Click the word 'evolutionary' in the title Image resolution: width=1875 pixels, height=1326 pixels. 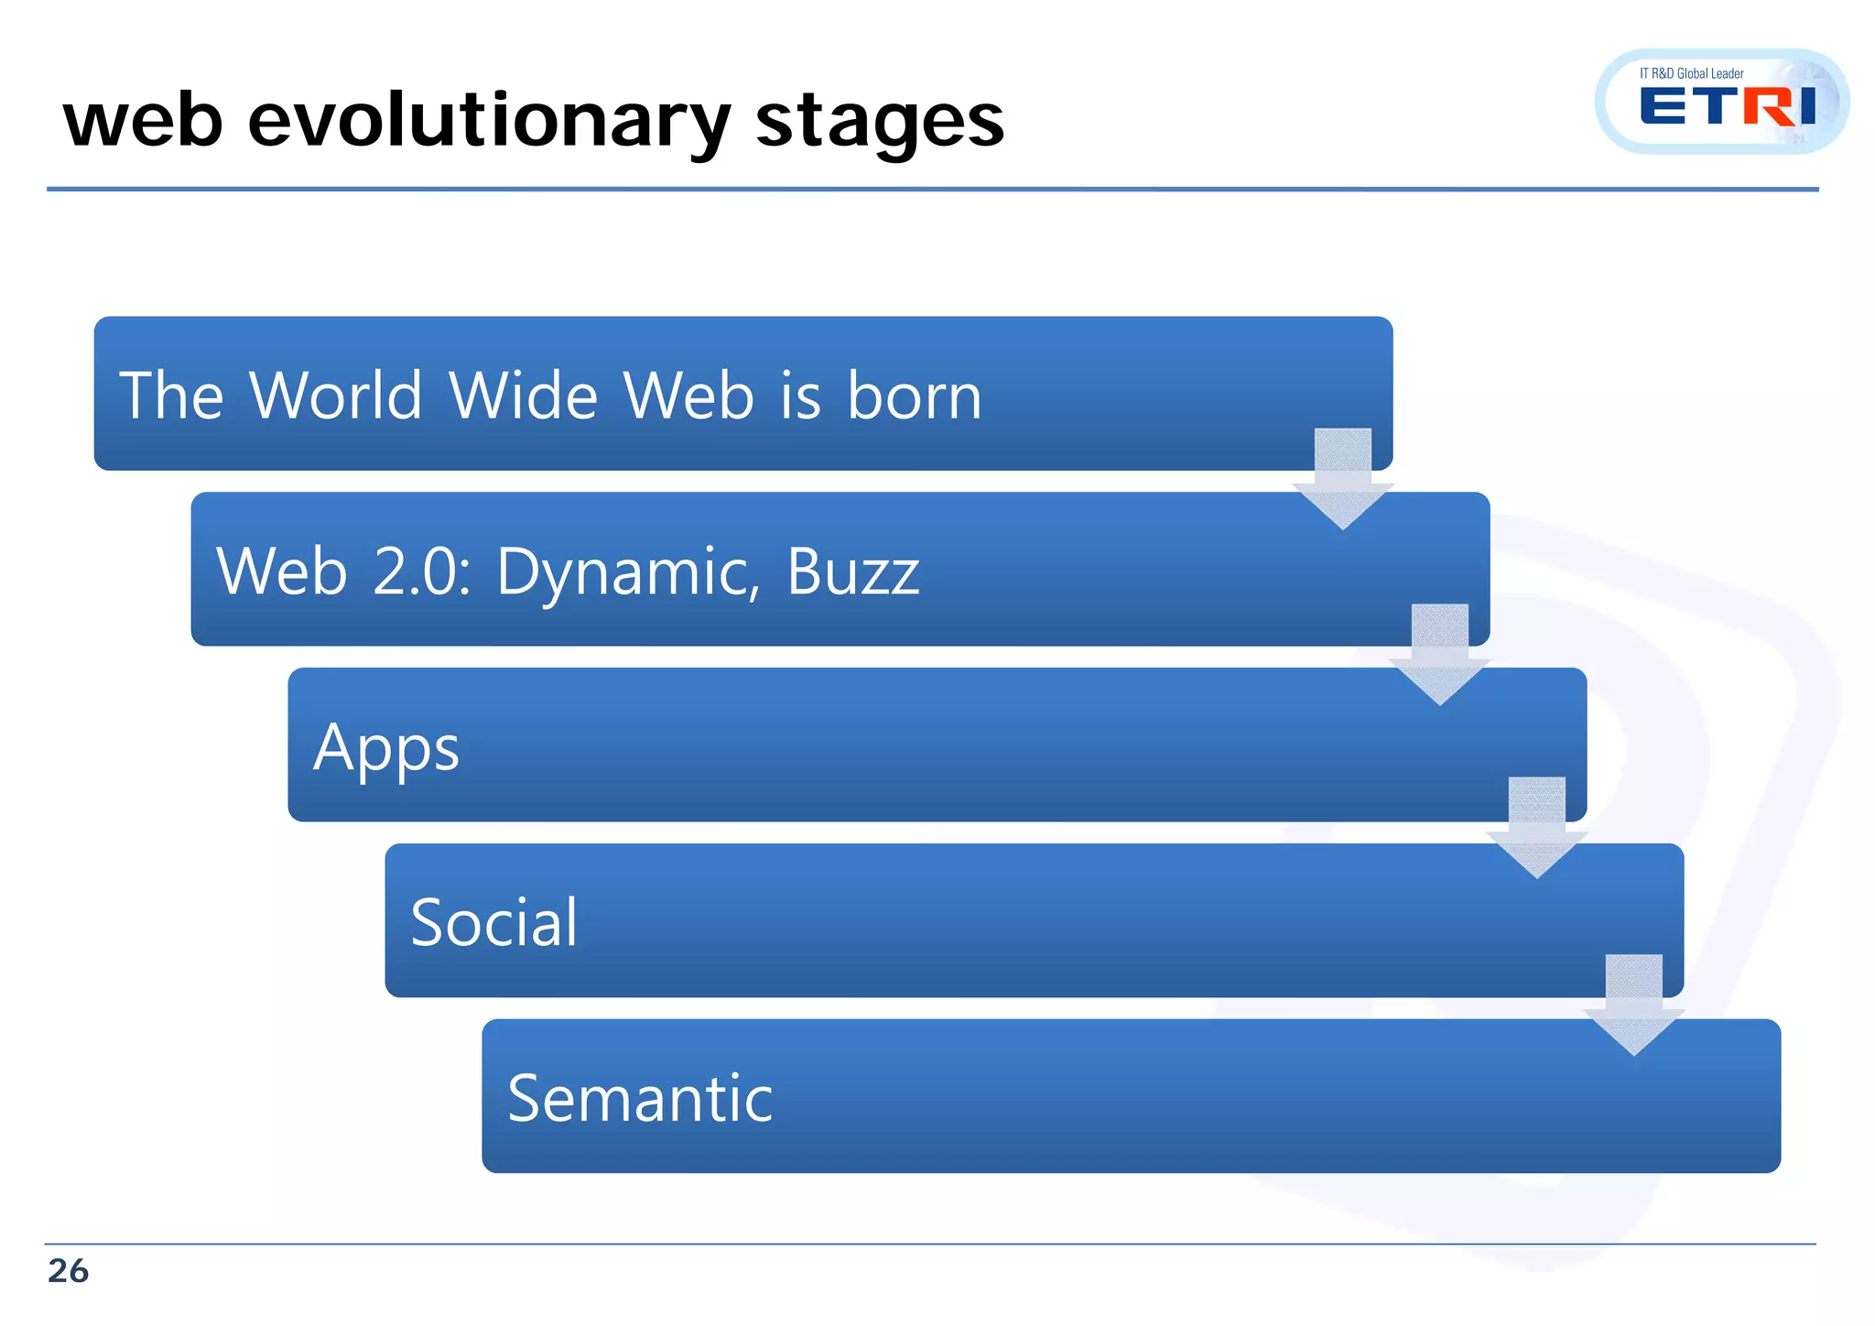pyautogui.click(x=489, y=122)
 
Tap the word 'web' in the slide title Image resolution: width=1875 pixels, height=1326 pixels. pyautogui.click(x=143, y=122)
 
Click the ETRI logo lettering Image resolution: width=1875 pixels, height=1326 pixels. pyautogui.click(x=1727, y=107)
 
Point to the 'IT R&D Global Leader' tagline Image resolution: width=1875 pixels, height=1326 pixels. pyautogui.click(x=1691, y=73)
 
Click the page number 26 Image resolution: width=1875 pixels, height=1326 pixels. pyautogui.click(x=68, y=1271)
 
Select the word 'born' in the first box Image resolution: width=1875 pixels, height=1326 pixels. pyautogui.click(x=914, y=397)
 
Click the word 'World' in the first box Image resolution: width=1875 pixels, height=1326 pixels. pyautogui.click(x=335, y=397)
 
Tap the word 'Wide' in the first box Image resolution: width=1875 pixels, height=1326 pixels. pyautogui.click(x=523, y=397)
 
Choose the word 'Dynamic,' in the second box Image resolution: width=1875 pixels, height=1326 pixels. pyautogui.click(x=628, y=572)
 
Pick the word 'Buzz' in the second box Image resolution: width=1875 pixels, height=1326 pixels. pyautogui.click(x=852, y=572)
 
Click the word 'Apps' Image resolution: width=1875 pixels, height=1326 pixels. pyautogui.click(x=385, y=748)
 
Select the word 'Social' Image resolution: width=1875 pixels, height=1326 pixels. pyautogui.click(x=493, y=922)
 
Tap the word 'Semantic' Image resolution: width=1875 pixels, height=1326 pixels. pyautogui.click(x=639, y=1098)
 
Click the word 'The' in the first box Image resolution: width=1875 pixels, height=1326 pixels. pyautogui.click(x=171, y=397)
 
